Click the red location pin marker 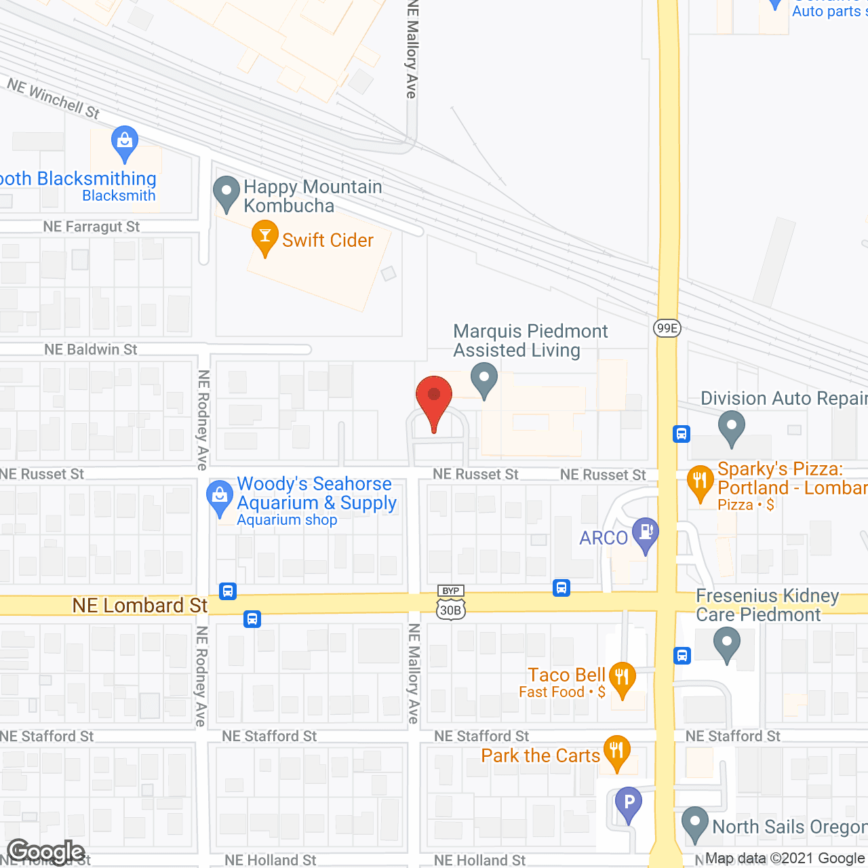point(434,397)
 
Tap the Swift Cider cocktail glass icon point(264,237)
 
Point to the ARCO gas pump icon point(645,534)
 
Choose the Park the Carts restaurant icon point(616,752)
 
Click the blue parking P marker point(629,804)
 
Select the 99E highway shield point(667,328)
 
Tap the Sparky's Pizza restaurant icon point(700,482)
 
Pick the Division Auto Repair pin point(731,427)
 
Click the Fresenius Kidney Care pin point(727,644)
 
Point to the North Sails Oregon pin point(694,824)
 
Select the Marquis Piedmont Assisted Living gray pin point(484,379)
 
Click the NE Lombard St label point(140,605)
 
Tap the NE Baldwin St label point(91,349)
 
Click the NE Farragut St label point(92,226)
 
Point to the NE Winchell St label point(53,98)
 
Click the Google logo point(46,852)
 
